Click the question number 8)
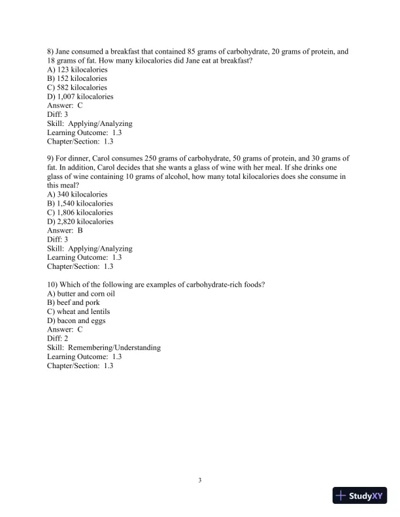51,51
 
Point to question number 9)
51,159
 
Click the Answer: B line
65,230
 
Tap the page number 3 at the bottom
200,481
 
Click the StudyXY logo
360,495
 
